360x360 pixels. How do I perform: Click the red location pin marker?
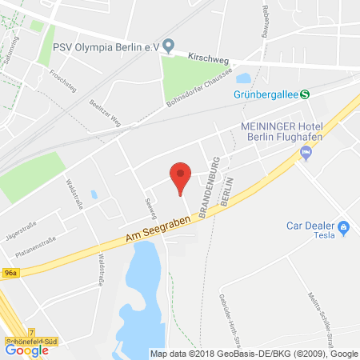tap(182, 175)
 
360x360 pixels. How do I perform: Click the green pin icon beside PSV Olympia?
tap(168, 46)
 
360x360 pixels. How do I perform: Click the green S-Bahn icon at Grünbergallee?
tap(305, 94)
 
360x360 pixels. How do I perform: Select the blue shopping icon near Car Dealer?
tap(344, 229)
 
